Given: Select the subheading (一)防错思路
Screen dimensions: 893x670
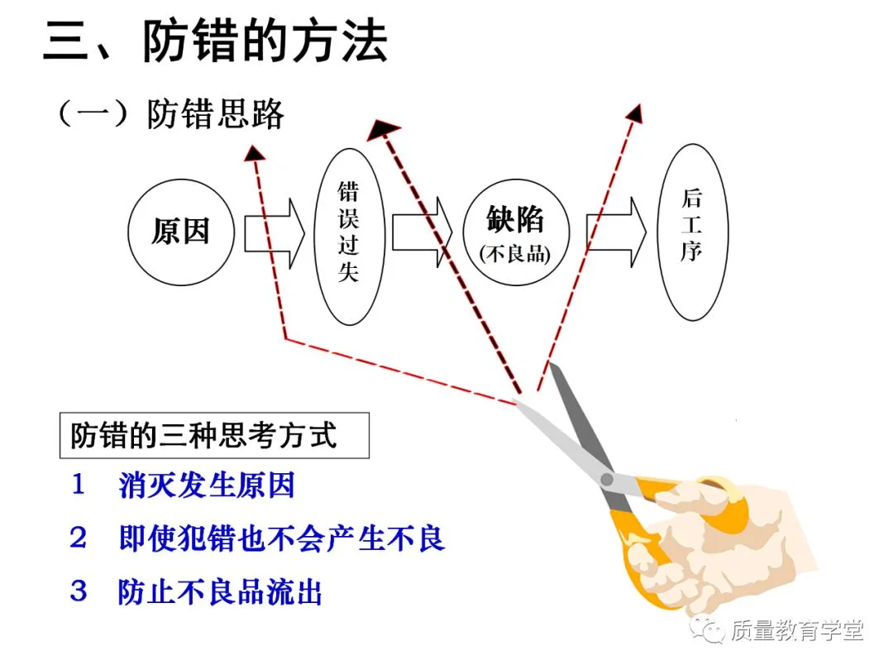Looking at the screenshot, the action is click(x=170, y=114).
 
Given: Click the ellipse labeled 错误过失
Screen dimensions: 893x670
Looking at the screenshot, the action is click(x=348, y=235).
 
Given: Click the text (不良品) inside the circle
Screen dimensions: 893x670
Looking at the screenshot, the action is click(x=515, y=254).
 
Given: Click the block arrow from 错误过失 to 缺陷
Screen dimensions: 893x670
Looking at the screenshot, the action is click(x=423, y=232).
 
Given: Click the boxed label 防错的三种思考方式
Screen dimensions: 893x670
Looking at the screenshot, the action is click(x=203, y=435).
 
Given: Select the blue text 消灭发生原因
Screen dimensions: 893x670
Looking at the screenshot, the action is click(x=207, y=486).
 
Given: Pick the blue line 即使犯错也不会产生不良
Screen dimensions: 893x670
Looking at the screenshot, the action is click(x=282, y=538).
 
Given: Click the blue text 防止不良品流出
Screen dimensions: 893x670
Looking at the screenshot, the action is click(x=220, y=591).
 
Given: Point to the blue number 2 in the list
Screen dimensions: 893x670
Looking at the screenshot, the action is click(x=79, y=538).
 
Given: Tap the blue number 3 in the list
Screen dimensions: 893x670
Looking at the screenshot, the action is click(x=79, y=591).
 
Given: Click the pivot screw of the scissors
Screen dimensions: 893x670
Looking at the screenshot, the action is click(x=608, y=479).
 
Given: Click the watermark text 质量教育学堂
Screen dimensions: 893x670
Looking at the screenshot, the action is click(x=797, y=631).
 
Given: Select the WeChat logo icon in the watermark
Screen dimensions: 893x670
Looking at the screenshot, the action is click(x=710, y=630).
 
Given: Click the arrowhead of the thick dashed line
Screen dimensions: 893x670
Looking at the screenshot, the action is click(x=382, y=128).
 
